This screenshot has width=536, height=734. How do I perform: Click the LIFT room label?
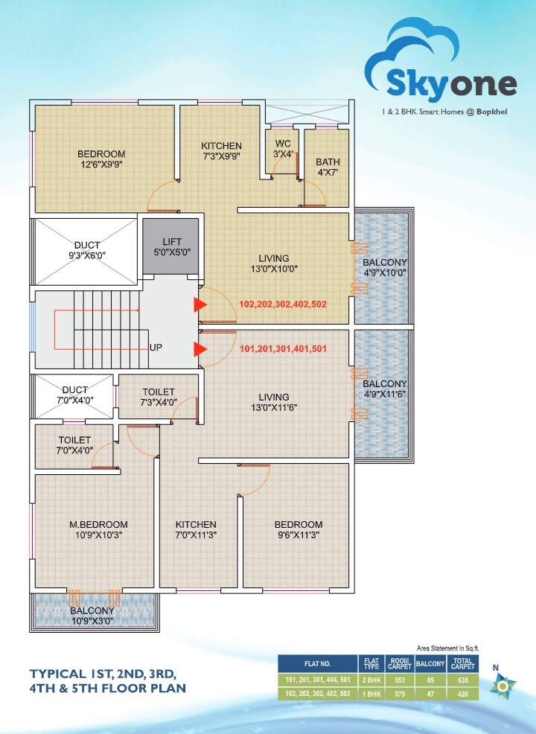pyautogui.click(x=170, y=246)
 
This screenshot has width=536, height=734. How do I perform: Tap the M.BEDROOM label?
pyautogui.click(x=103, y=529)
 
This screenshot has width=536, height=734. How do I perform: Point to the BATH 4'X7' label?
pyautogui.click(x=328, y=167)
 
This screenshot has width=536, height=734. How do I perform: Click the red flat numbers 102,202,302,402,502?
pyautogui.click(x=282, y=304)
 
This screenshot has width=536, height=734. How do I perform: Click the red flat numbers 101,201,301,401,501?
pyautogui.click(x=282, y=349)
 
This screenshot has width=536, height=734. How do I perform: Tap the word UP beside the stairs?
pyautogui.click(x=156, y=348)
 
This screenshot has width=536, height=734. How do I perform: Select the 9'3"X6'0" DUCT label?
pyautogui.click(x=86, y=250)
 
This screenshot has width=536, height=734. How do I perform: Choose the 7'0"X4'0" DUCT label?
pyautogui.click(x=74, y=395)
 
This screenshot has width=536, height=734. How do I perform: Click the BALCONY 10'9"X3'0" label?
pyautogui.click(x=92, y=616)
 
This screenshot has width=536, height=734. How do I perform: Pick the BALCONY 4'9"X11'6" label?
pyautogui.click(x=384, y=389)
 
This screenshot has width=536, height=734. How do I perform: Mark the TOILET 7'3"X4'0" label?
pyautogui.click(x=158, y=397)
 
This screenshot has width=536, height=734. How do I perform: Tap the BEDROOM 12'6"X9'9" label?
pyautogui.click(x=101, y=159)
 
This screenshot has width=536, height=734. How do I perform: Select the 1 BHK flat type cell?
pyautogui.click(x=369, y=693)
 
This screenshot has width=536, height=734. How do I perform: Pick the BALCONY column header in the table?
pyautogui.click(x=429, y=662)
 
